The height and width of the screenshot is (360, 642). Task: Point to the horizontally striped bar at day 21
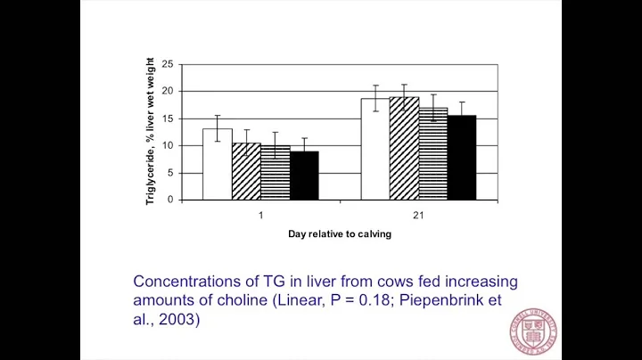432,154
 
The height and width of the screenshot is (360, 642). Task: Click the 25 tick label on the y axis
169,64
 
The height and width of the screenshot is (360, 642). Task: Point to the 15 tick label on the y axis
169,119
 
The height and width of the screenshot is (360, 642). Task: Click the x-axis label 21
418,214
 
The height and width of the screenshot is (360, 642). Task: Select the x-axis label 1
260,214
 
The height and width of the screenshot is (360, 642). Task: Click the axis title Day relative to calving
340,234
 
